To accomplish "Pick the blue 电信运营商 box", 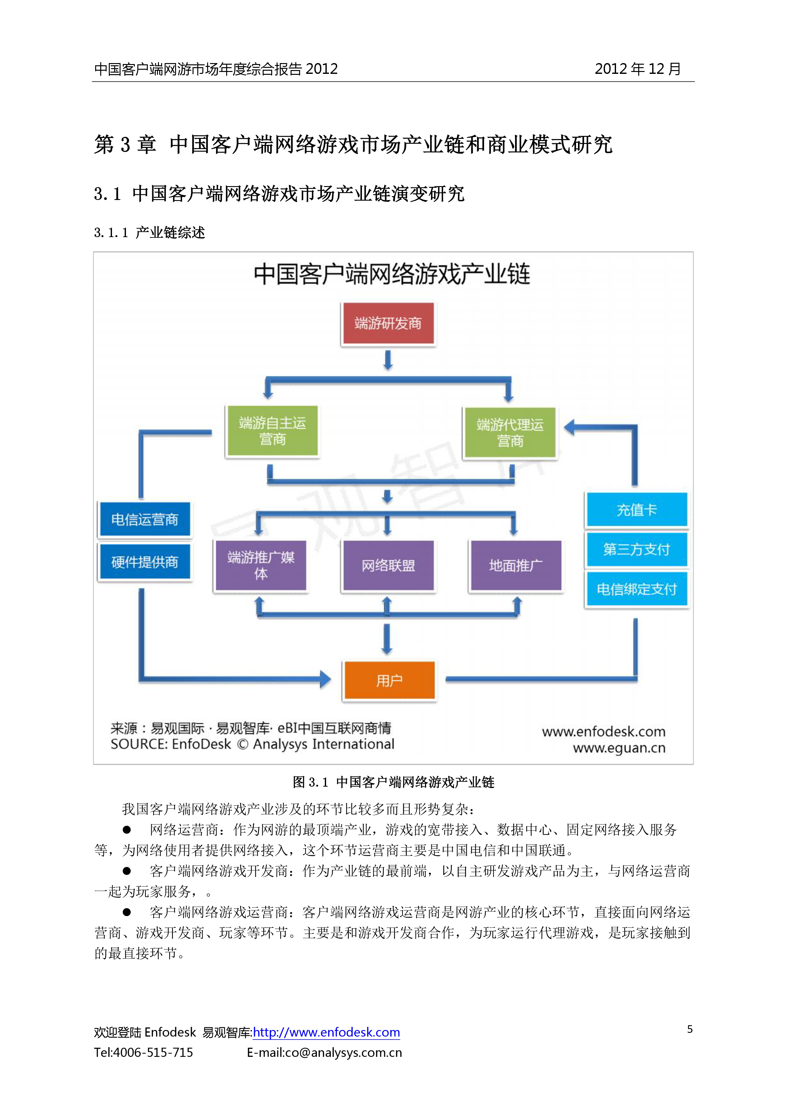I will point(145,520).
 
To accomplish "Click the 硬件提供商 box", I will point(145,562).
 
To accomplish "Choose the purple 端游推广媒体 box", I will point(261,565).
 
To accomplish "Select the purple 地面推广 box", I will point(515,565).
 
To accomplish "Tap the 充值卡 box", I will point(636,509).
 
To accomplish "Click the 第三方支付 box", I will point(636,549).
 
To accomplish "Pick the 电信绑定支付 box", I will point(636,589).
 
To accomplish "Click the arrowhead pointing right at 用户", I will point(325,679).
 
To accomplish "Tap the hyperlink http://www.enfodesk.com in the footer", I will point(326,1032).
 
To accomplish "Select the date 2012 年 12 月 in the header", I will point(637,69).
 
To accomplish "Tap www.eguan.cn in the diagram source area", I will point(619,748).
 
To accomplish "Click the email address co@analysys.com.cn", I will point(343,1052).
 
